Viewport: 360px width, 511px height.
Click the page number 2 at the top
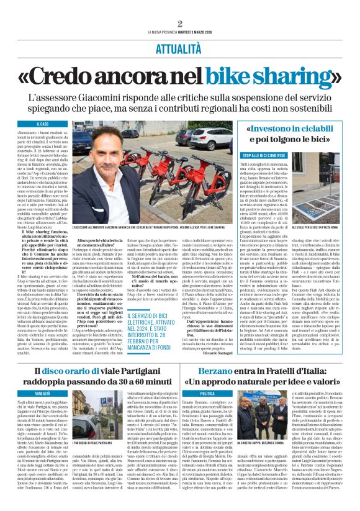coord(179,24)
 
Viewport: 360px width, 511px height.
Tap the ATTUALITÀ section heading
coord(179,46)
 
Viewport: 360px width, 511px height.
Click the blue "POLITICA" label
coord(207,393)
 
